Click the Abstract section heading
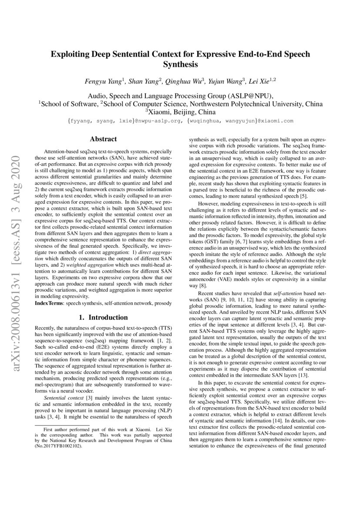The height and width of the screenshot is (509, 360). pos(103,139)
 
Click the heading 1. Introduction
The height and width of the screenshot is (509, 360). pos(103,317)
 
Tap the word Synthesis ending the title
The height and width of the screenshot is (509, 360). pos(180,65)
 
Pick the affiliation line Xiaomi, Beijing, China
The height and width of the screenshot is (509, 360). pos(181,112)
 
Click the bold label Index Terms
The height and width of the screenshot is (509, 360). pos(48,302)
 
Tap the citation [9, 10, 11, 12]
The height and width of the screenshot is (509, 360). pos(231,300)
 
